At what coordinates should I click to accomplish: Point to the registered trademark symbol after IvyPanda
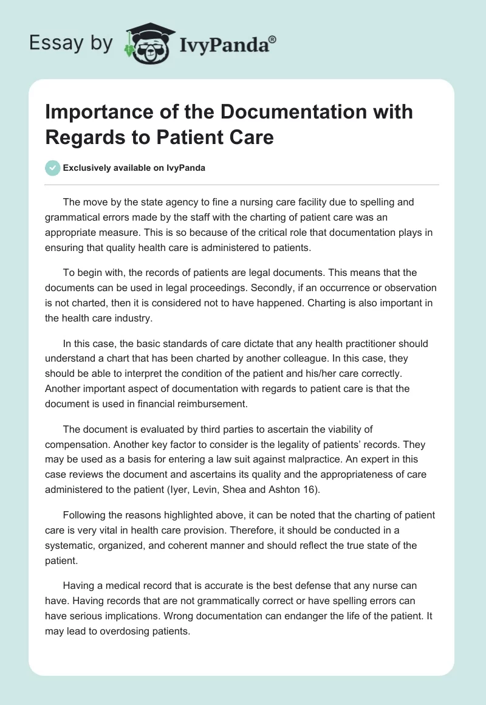[x=273, y=40]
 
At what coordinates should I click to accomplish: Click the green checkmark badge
[x=53, y=168]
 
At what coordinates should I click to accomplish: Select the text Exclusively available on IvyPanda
[x=135, y=168]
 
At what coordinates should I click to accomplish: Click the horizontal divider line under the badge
[x=242, y=184]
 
